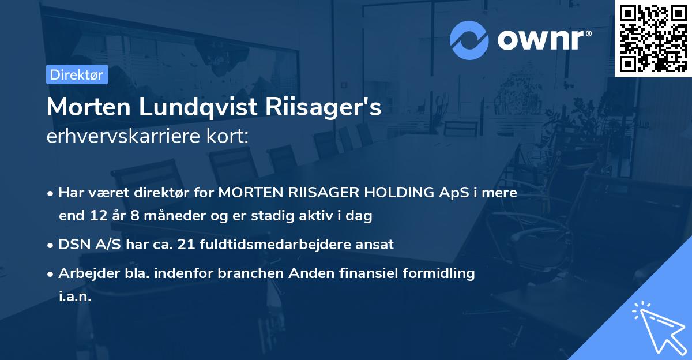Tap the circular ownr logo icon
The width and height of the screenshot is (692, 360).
[x=469, y=40]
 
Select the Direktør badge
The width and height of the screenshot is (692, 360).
[x=76, y=74]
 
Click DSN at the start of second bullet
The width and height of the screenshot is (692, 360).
[x=73, y=245]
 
